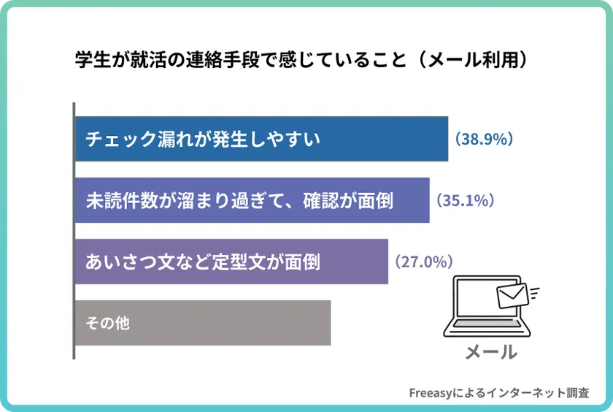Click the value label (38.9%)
click(485, 139)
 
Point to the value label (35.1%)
click(466, 200)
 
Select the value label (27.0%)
click(424, 262)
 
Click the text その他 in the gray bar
click(108, 322)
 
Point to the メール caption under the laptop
click(491, 352)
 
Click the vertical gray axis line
click(74, 230)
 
